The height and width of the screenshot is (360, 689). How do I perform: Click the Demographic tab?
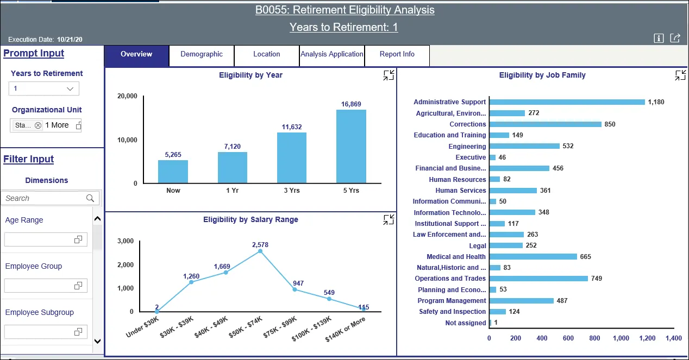(x=202, y=54)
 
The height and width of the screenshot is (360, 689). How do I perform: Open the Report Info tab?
(x=397, y=54)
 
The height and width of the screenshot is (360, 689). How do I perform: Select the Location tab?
(x=266, y=54)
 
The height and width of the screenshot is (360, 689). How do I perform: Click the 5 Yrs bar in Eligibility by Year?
(x=351, y=146)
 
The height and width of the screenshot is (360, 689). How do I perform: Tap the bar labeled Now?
(x=173, y=172)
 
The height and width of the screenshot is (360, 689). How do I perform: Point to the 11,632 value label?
(x=292, y=127)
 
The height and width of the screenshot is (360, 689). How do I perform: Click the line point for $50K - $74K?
(x=260, y=251)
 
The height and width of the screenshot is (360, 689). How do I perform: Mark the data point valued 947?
(x=295, y=289)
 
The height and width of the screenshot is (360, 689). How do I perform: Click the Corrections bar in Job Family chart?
(x=545, y=124)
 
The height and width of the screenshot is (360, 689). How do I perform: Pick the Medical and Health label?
(x=456, y=257)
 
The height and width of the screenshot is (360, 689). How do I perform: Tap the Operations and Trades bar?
(x=538, y=279)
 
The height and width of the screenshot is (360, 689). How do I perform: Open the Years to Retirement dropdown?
(x=44, y=89)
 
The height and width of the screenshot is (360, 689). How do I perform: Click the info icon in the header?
(x=659, y=38)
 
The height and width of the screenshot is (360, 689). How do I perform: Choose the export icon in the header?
(x=675, y=38)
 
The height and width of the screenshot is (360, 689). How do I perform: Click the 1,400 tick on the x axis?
(x=673, y=338)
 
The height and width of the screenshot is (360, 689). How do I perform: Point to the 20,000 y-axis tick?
(x=127, y=96)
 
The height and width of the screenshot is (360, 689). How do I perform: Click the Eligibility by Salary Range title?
(x=250, y=220)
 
